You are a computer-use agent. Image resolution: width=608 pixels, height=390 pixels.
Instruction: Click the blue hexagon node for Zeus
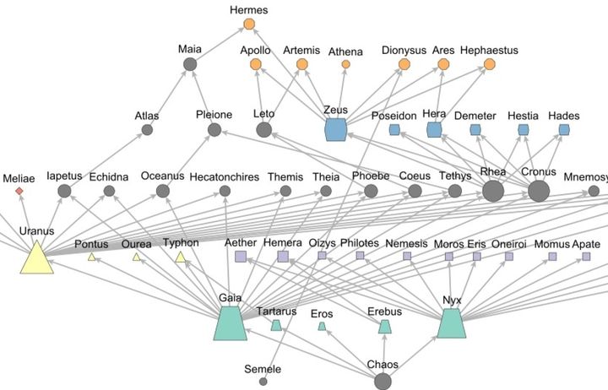337,129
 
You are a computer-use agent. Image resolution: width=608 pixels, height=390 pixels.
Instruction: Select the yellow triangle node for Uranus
36,257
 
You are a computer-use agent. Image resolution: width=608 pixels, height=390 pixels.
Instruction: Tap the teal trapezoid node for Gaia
231,323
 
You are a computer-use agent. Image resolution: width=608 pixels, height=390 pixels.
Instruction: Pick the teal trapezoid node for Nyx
452,324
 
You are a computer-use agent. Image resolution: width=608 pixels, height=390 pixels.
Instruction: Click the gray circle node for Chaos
383,381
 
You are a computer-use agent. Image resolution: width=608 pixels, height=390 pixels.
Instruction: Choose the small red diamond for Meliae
19,192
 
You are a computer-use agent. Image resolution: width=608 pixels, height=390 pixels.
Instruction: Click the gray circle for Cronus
539,191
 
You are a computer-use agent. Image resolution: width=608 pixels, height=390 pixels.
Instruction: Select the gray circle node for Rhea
493,191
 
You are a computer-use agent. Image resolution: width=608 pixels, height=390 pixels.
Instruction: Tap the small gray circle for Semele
263,382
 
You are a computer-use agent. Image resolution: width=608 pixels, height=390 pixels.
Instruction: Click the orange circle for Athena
345,64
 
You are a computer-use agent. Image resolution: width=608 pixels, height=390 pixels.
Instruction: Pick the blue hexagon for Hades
564,129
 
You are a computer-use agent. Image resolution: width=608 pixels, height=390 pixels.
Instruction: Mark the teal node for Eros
321,327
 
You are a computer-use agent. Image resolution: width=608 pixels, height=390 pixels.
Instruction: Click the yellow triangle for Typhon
181,257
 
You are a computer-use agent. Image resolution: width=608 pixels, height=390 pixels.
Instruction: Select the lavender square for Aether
241,256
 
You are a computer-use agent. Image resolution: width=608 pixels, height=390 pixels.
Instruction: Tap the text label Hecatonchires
223,176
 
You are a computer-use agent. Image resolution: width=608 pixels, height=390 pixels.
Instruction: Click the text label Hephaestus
490,51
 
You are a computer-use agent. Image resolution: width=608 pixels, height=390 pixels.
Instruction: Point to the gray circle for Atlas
147,129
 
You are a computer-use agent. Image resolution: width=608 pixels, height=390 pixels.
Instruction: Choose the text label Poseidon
394,115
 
